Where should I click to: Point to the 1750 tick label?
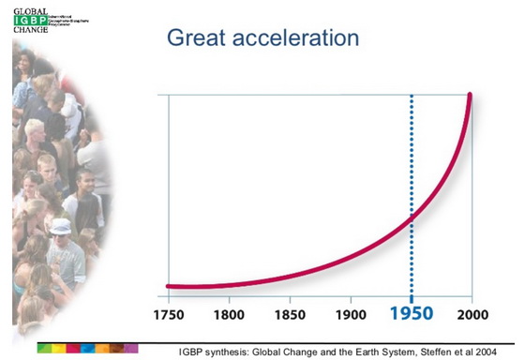tap(169, 314)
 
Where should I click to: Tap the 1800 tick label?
tap(229, 314)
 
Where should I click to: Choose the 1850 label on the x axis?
tap(289, 314)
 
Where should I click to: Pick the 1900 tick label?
tap(349, 314)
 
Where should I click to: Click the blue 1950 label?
tap(411, 314)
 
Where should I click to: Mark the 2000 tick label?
tap(470, 314)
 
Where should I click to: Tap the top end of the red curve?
tap(469, 96)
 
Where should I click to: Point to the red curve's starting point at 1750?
tap(169, 286)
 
